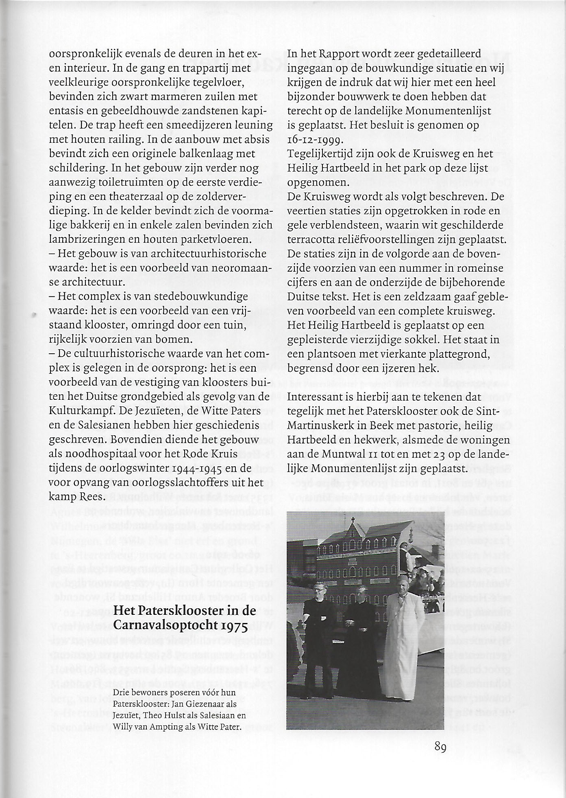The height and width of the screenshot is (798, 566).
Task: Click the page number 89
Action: (x=440, y=747)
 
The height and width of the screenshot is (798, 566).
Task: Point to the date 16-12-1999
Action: (x=316, y=140)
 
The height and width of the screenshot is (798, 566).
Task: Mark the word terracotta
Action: (x=310, y=240)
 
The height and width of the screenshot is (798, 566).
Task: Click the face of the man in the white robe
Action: (x=401, y=588)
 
